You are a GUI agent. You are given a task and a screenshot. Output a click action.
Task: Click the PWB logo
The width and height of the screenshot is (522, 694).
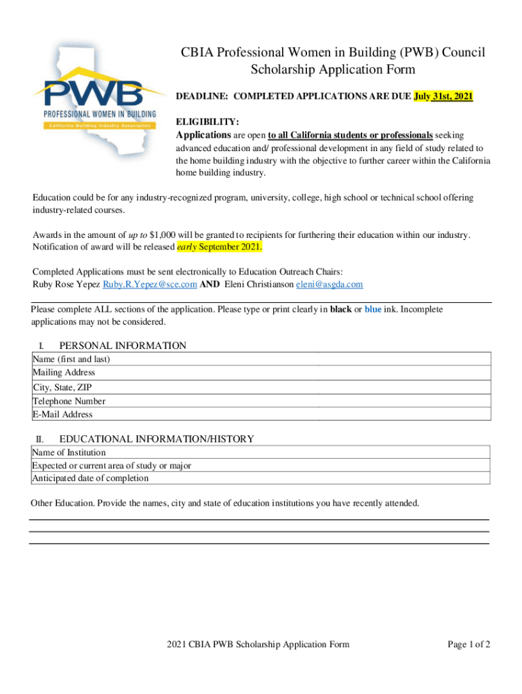(99, 98)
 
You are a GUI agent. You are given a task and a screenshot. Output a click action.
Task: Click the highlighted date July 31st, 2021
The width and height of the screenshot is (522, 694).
(443, 97)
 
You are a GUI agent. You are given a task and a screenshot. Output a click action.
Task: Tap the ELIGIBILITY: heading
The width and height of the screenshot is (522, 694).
(207, 122)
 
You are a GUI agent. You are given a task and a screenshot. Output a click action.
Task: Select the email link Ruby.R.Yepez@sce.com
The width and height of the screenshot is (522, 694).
(150, 285)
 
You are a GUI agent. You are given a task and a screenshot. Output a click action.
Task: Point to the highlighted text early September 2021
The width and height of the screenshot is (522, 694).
(219, 246)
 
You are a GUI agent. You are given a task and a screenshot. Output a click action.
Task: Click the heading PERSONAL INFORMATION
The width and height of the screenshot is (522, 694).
(123, 346)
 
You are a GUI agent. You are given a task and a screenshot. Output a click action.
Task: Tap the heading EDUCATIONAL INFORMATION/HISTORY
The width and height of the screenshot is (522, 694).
(157, 439)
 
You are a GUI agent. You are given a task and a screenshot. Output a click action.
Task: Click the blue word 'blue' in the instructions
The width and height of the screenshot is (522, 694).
(373, 310)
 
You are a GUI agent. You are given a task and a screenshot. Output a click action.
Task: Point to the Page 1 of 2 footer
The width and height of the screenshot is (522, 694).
(468, 645)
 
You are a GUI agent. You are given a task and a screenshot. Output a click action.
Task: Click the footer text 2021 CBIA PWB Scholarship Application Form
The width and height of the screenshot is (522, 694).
(258, 645)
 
